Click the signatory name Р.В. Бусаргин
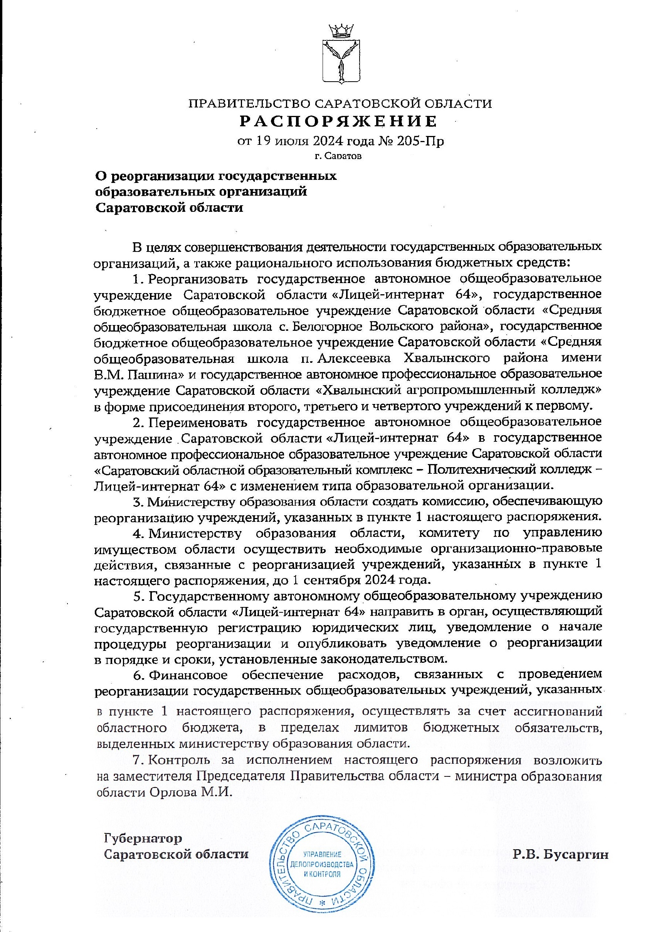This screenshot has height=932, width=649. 560,852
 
